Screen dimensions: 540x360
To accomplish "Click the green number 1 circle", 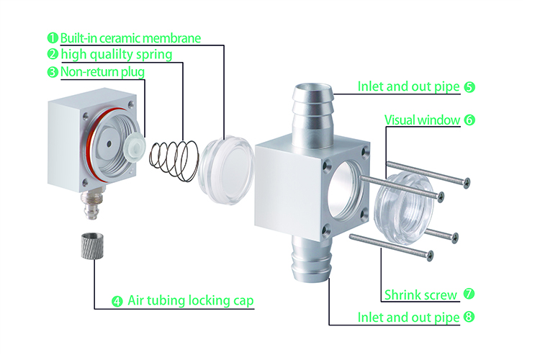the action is tap(53, 38).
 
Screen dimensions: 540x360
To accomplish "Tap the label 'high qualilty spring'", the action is tap(117, 55).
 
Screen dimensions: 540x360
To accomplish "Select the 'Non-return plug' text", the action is tap(102, 72).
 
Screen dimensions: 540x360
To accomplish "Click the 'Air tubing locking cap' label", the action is tap(191, 300).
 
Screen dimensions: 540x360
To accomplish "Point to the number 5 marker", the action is tap(469, 87).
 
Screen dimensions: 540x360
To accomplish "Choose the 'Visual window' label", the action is tap(422, 120).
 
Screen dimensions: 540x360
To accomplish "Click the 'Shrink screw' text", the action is tap(420, 295).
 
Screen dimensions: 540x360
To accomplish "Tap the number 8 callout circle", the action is tap(469, 317).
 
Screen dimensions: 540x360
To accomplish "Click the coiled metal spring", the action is tap(174, 160).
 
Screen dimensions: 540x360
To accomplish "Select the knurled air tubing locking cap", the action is tap(89, 246).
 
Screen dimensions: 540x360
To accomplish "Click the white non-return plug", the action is tap(134, 148).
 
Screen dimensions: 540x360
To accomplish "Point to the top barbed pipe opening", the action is tap(313, 89).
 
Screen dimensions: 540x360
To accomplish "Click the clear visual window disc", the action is tap(404, 209).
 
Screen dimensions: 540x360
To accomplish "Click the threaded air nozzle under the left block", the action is tap(91, 204).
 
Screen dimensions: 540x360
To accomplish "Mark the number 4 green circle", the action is tap(117, 302).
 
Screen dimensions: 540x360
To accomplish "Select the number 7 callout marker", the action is tap(469, 294).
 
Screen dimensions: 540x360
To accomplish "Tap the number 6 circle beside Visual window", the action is tap(469, 120).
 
